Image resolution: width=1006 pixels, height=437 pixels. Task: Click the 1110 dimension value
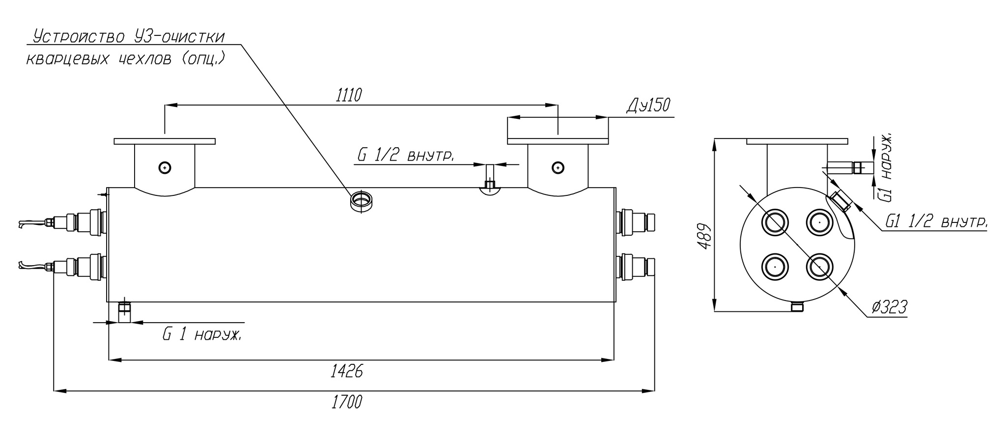click(349, 95)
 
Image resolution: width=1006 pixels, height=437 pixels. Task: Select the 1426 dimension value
click(347, 372)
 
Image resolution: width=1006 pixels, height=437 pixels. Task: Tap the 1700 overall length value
click(347, 402)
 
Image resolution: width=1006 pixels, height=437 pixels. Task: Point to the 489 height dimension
click(704, 236)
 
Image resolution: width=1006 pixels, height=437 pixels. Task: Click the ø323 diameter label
click(890, 307)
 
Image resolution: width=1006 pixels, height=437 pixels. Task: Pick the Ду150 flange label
click(648, 105)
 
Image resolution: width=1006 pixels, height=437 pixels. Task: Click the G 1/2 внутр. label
click(405, 156)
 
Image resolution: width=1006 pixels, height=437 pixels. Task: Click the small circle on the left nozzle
click(165, 168)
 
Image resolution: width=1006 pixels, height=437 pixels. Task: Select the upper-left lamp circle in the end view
click(775, 222)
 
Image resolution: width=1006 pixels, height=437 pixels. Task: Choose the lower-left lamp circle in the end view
click(775, 267)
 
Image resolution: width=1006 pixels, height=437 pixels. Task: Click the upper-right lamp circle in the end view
click(819, 222)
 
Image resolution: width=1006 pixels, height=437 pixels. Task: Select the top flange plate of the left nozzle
click(165, 141)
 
